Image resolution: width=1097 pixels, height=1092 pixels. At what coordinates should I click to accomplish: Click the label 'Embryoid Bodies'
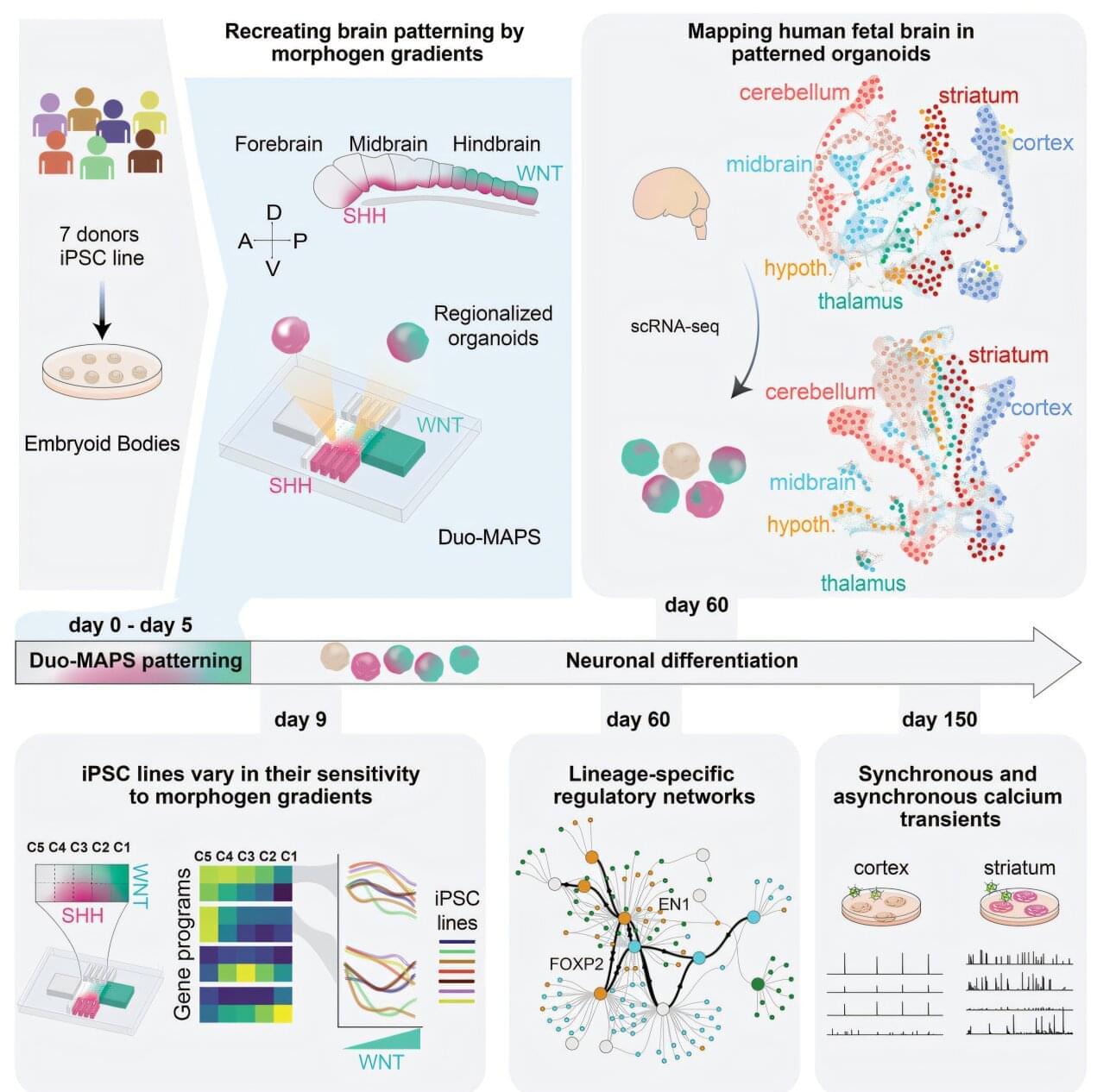[x=102, y=443]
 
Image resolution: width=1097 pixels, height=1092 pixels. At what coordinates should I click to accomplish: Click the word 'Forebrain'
[x=278, y=144]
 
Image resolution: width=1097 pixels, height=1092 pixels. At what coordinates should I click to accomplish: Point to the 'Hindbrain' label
[x=496, y=144]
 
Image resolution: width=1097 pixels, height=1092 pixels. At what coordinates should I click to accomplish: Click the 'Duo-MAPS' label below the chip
[x=489, y=537]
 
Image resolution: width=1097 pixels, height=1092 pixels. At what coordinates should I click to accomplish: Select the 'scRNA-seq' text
[x=674, y=326]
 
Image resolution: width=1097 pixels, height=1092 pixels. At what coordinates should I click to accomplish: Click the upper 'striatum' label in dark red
[x=978, y=95]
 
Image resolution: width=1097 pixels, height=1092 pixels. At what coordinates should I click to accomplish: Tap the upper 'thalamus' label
[x=860, y=301]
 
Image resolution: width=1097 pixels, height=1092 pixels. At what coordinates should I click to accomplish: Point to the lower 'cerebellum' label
[x=819, y=392]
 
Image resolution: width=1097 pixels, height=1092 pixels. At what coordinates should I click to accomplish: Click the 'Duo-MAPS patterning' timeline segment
[x=135, y=661]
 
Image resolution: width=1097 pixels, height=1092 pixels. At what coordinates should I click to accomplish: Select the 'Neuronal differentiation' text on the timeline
[x=681, y=661]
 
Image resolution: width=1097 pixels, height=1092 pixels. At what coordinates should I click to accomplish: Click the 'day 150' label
[x=939, y=719]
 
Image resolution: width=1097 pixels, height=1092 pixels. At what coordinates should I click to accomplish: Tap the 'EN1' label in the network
[x=674, y=904]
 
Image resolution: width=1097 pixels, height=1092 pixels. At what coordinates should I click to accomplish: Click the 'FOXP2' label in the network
[x=576, y=963]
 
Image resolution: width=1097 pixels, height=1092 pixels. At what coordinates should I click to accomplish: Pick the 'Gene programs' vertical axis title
[x=182, y=945]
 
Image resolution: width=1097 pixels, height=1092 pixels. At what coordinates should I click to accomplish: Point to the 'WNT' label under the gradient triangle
[x=381, y=1061]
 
